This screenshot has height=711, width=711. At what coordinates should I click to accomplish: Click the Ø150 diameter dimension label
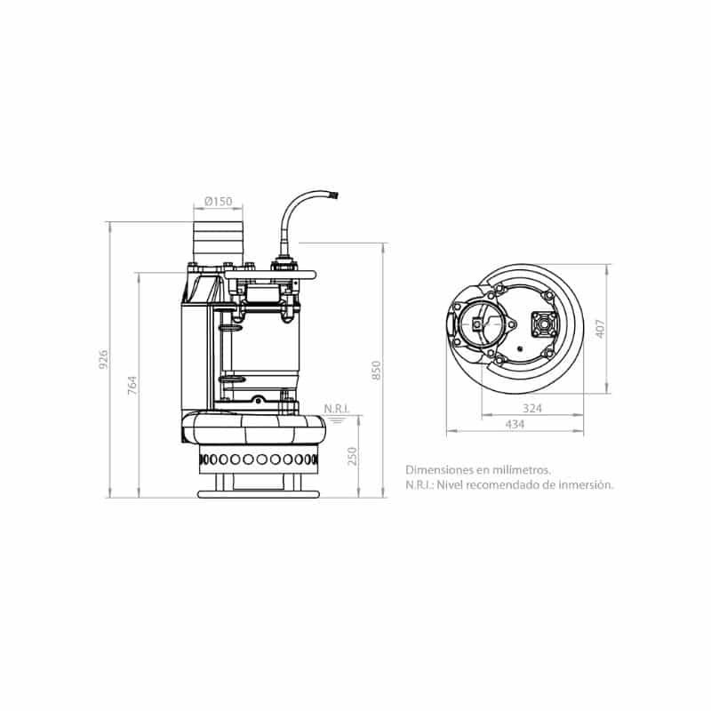point(218,201)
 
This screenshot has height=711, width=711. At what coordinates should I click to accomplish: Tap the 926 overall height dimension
point(103,359)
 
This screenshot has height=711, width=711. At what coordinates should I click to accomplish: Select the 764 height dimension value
point(132,385)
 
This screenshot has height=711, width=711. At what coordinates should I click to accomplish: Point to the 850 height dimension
point(376,370)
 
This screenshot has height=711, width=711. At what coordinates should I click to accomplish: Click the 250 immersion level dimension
point(352,456)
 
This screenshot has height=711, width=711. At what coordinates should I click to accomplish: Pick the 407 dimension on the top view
point(599,329)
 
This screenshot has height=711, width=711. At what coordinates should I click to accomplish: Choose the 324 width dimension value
point(531,408)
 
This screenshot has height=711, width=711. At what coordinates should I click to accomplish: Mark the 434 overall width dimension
point(515,424)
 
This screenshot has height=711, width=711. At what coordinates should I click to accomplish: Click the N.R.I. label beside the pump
point(337,409)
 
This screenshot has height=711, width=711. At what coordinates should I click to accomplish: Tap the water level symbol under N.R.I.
point(337,419)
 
